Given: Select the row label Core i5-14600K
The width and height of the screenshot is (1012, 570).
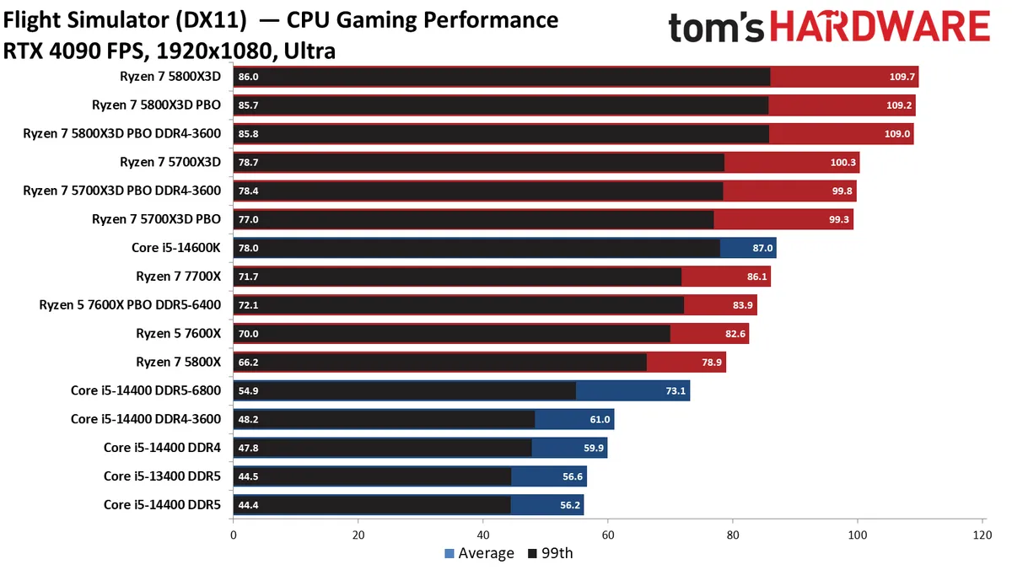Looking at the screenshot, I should (171, 248).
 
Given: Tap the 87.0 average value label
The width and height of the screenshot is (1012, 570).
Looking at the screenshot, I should (762, 248).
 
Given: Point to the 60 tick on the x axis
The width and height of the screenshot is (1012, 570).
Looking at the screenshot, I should (608, 534).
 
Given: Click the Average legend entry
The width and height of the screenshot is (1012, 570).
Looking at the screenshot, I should (478, 553).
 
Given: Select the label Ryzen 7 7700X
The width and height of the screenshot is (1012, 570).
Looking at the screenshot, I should (178, 277).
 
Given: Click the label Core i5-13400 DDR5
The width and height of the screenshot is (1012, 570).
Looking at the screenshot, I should (162, 476).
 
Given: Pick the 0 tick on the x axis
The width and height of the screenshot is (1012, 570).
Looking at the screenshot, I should (234, 534).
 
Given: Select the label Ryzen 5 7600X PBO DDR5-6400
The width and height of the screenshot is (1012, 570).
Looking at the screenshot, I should (130, 305).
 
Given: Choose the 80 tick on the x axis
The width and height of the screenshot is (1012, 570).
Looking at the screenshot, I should (733, 534).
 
